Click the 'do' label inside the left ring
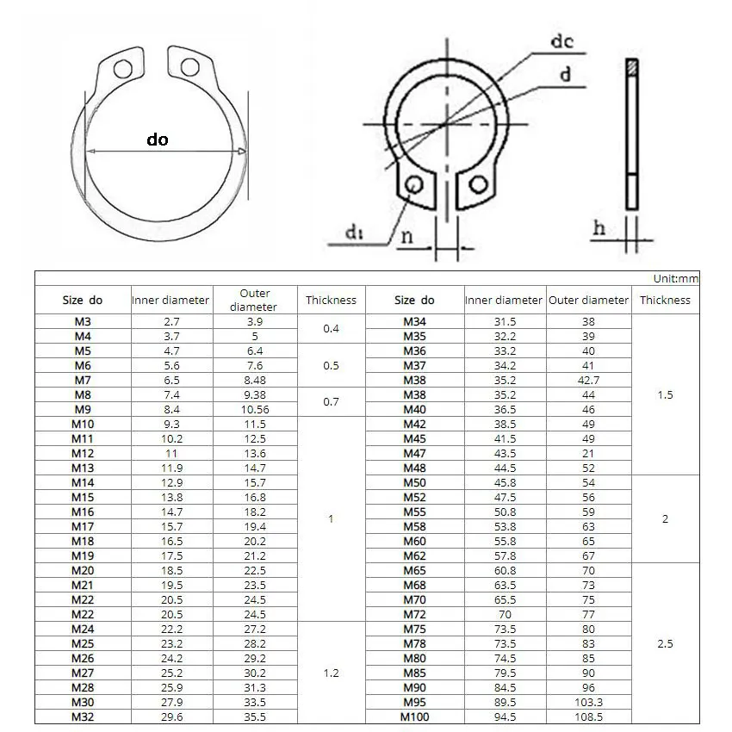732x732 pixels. (158, 139)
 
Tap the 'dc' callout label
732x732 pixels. (562, 40)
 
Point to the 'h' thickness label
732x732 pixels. (600, 228)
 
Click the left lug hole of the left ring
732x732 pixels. (126, 68)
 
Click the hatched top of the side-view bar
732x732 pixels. (632, 66)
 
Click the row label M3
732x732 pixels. (83, 321)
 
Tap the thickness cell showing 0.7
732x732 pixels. (331, 402)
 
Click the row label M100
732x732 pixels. (416, 716)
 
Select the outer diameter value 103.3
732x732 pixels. (588, 702)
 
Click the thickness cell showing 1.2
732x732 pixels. (331, 673)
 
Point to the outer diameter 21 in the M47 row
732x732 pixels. (588, 453)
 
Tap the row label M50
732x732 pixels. (416, 482)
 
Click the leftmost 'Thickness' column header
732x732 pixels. (331, 301)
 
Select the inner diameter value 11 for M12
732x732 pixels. (171, 453)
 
